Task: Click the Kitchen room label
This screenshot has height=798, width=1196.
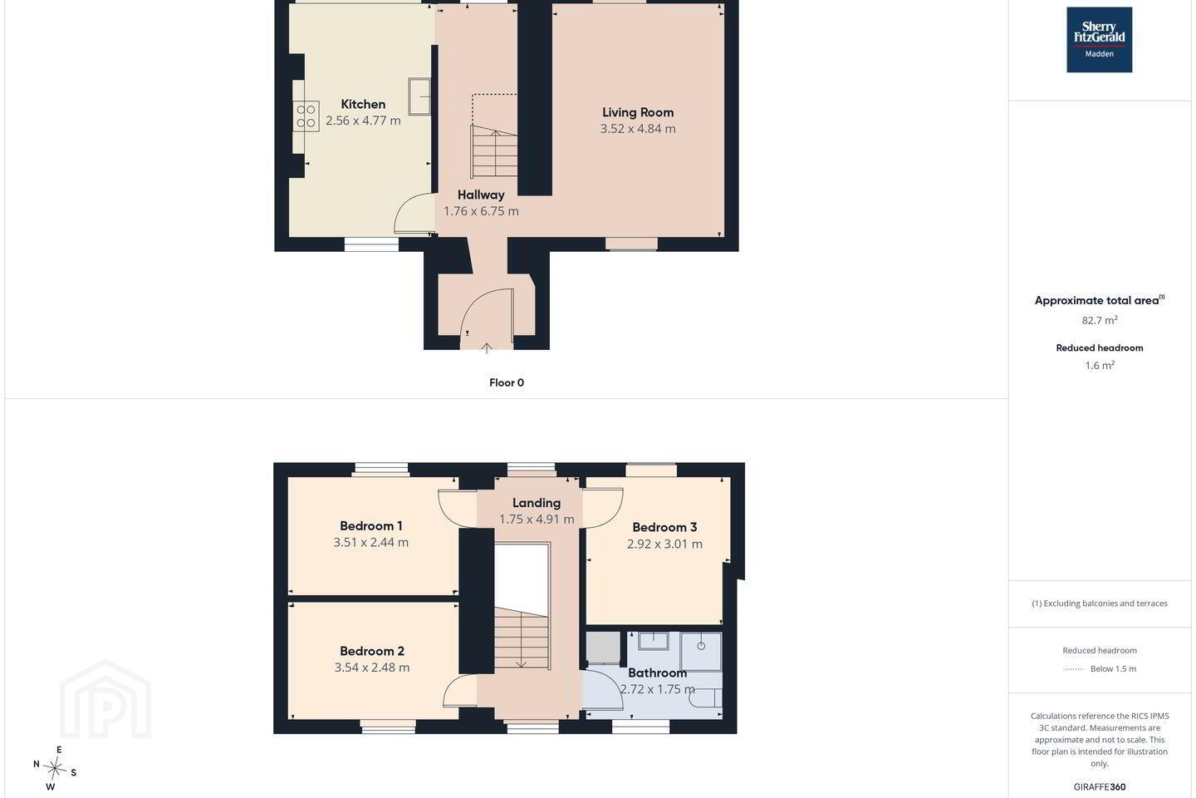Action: coord(363,104)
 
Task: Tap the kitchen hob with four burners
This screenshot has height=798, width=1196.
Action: coord(306,116)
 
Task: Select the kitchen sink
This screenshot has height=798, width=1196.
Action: coord(419,96)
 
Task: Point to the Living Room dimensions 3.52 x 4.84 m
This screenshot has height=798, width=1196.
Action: coord(638,129)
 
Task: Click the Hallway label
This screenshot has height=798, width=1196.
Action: coord(481,195)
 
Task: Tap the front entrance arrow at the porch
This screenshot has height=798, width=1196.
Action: coord(487,348)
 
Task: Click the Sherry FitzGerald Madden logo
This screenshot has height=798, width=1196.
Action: coord(1100,40)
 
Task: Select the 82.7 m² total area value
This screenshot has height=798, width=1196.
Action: coord(1100,320)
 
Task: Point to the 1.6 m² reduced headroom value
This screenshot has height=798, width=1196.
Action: coord(1100,366)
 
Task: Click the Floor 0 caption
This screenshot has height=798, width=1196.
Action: coord(507,382)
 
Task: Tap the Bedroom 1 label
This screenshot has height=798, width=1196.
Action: coord(371,526)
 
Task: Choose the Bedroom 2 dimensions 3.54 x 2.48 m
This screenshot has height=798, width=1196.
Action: coord(372,667)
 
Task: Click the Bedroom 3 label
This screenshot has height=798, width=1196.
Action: coord(664,528)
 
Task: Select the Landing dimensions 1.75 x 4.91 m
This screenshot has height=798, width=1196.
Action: coord(537,520)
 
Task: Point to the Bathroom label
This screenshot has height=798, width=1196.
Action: coord(657,673)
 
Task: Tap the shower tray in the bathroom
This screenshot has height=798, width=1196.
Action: coord(701,652)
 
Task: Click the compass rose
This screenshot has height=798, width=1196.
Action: coord(55,769)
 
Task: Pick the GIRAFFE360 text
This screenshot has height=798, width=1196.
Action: coord(1100,786)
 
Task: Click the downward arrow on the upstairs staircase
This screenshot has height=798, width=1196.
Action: coord(521,663)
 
